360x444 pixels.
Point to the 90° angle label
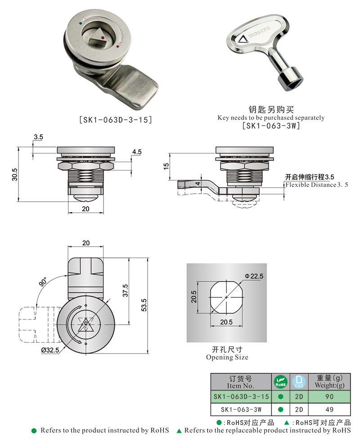43,283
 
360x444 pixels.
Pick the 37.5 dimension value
126,290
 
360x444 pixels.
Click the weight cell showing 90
330,397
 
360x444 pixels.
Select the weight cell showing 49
330,409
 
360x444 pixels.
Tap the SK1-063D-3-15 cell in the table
241,397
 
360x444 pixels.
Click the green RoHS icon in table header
280,382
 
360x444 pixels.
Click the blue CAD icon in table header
297,382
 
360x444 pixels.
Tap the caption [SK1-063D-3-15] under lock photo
115,120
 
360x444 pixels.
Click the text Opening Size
227,357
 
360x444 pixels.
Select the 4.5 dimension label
137,152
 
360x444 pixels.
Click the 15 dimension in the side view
166,166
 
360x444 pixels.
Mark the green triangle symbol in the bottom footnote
179,431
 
